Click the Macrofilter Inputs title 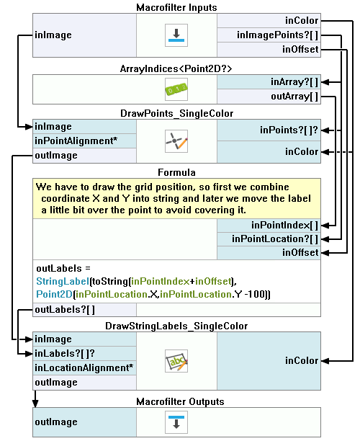click(x=176, y=7)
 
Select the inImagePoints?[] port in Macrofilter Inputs click(x=269, y=35)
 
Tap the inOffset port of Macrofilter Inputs click(x=269, y=50)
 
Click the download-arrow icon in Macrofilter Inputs click(x=176, y=35)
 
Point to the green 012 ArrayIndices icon click(x=176, y=89)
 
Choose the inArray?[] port click(x=269, y=82)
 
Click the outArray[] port click(x=269, y=97)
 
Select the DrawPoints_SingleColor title click(x=177, y=113)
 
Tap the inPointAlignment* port click(x=84, y=141)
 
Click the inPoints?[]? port click(x=269, y=130)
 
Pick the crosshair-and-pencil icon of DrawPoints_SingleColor click(x=176, y=141)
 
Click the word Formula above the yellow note click(x=176, y=172)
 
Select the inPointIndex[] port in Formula click(x=269, y=226)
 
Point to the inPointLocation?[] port click(x=269, y=239)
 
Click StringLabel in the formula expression click(x=63, y=281)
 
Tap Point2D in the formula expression click(x=55, y=294)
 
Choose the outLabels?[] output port click(x=84, y=310)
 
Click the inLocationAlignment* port click(x=84, y=368)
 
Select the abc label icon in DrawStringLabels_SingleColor click(x=176, y=361)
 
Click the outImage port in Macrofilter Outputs click(x=84, y=422)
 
